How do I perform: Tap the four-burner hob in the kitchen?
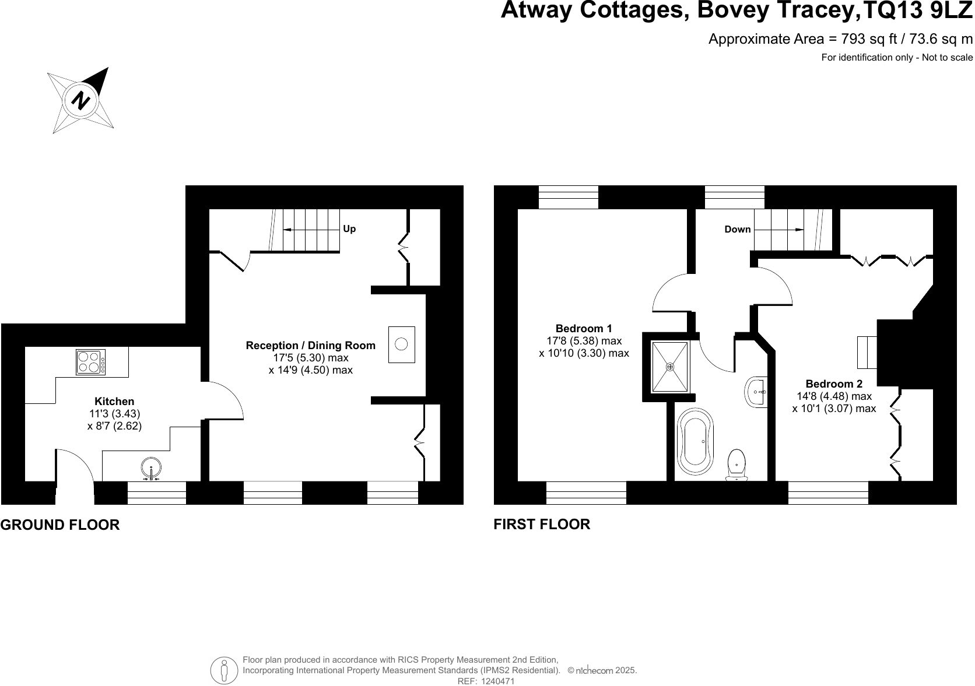91,362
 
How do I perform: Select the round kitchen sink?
151,468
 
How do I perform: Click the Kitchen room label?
114,402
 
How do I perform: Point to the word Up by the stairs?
349,229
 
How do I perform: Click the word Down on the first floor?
738,230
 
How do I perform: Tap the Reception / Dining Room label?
310,346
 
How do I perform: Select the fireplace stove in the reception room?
401,344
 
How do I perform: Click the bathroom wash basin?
756,391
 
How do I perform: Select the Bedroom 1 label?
584,328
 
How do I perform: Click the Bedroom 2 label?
834,384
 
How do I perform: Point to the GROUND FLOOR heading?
60,525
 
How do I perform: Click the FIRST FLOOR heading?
542,525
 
